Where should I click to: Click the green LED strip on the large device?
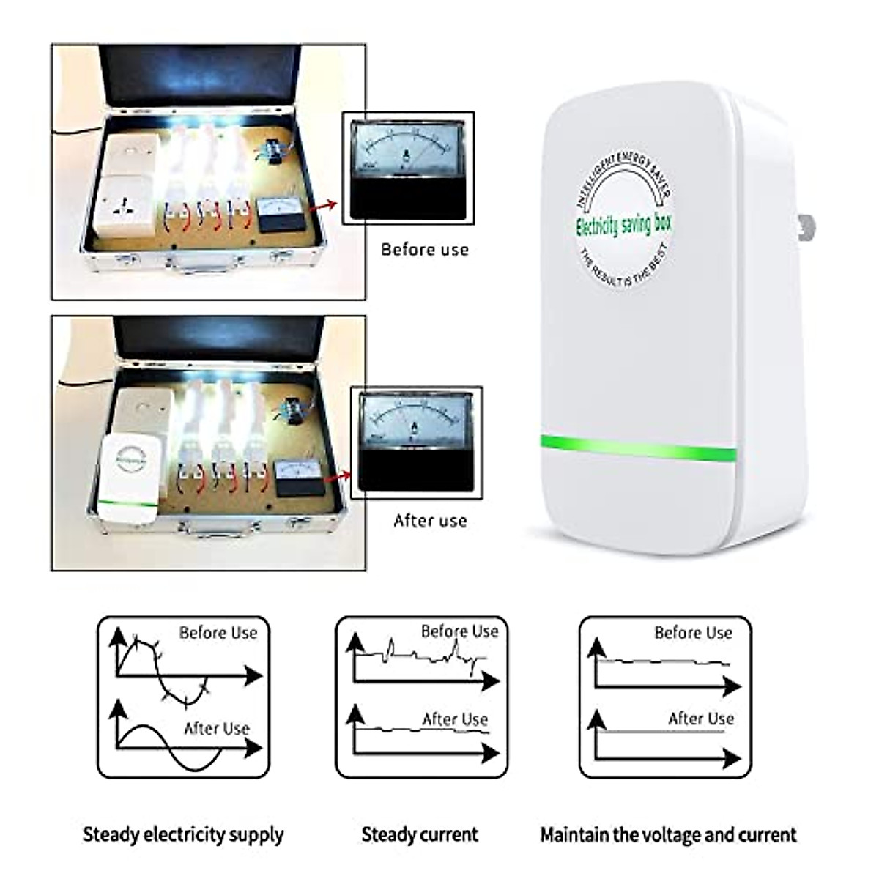[x=637, y=448]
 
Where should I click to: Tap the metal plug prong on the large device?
[x=806, y=228]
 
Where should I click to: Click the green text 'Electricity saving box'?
[x=623, y=225]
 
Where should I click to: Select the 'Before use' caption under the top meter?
[x=424, y=250]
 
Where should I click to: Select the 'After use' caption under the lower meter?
[x=430, y=521]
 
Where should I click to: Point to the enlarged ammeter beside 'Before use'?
[x=408, y=168]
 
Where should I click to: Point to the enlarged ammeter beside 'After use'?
[x=416, y=442]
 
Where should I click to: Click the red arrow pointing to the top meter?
[x=323, y=207]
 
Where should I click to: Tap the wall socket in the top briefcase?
[x=122, y=207]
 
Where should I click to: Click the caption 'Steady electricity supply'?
[x=182, y=834]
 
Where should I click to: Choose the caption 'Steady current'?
[x=420, y=834]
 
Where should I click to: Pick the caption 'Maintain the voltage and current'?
[x=668, y=834]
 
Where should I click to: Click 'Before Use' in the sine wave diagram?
[x=218, y=633]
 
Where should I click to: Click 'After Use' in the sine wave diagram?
[x=216, y=729]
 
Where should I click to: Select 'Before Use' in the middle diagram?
[x=459, y=631]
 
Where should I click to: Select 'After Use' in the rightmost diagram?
[x=700, y=719]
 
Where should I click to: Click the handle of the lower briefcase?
[x=220, y=529]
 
